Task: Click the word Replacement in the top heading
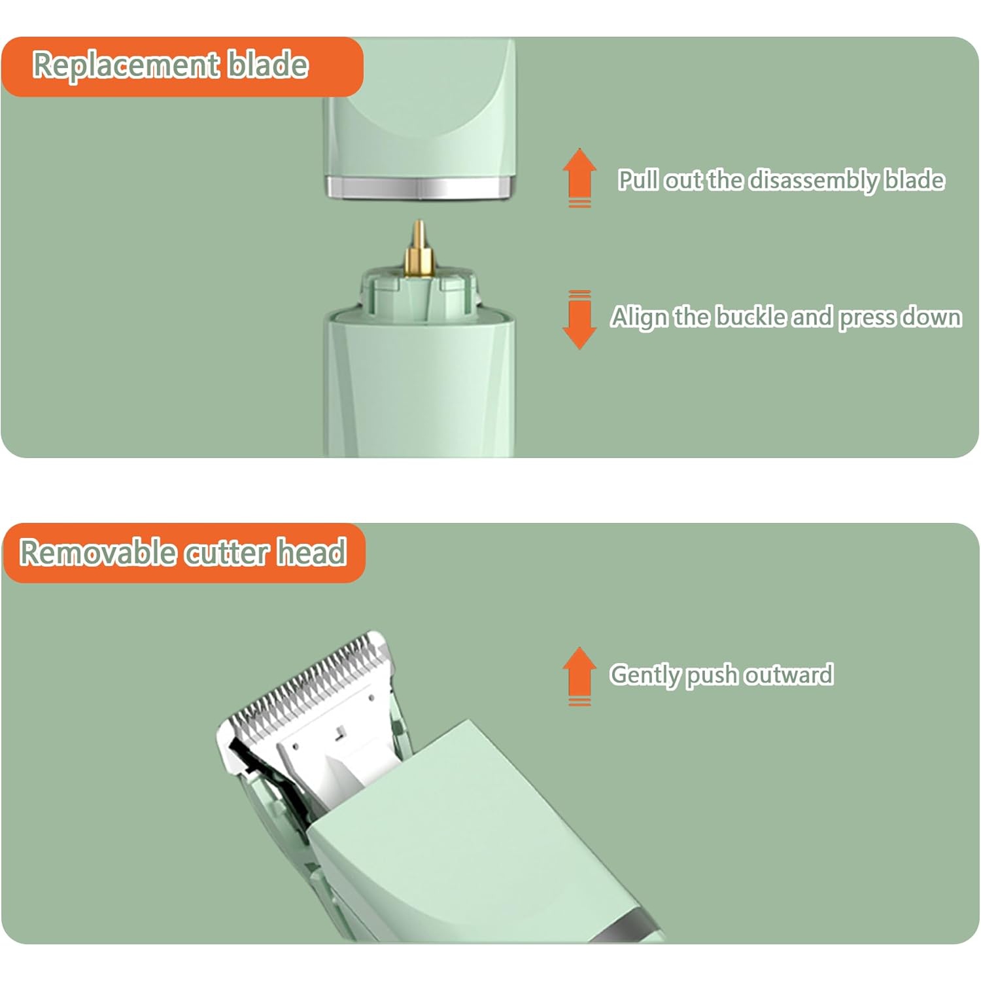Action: [x=126, y=65]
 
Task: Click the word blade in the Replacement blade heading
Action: [x=267, y=65]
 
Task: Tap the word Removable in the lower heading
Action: [x=98, y=552]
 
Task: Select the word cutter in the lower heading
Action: [x=226, y=553]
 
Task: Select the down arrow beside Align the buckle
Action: [x=579, y=320]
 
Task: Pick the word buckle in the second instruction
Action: [x=751, y=317]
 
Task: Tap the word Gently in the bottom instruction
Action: [x=645, y=675]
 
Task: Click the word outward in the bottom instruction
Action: [x=789, y=675]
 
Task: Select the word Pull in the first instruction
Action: [x=638, y=180]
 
